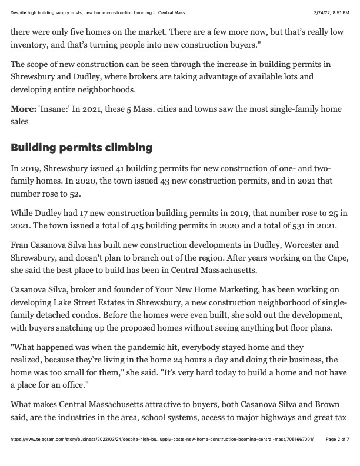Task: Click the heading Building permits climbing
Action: coord(82,147)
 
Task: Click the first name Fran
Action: coord(21,245)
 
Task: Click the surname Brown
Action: coord(335,404)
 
